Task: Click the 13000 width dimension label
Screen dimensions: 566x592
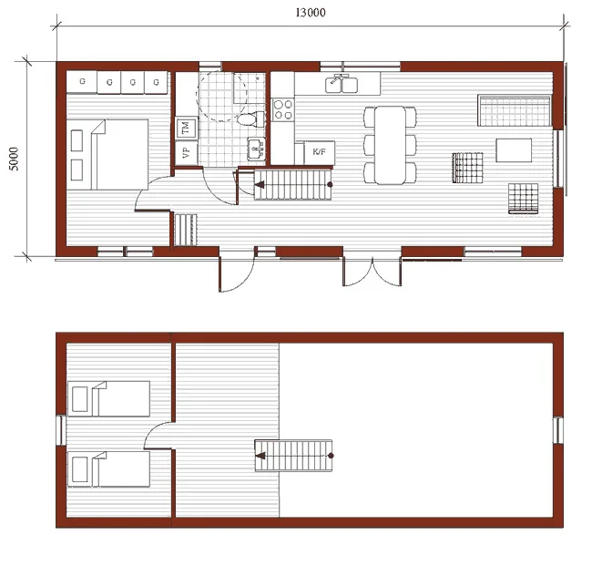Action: pyautogui.click(x=311, y=12)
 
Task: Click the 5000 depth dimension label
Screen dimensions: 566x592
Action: pyautogui.click(x=14, y=160)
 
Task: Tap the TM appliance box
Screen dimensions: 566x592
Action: pyautogui.click(x=185, y=128)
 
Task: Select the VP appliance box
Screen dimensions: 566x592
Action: pyautogui.click(x=185, y=152)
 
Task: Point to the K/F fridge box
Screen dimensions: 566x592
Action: pyautogui.click(x=320, y=151)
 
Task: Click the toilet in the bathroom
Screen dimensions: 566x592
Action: pyautogui.click(x=246, y=117)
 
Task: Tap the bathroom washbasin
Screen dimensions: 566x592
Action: pyautogui.click(x=255, y=146)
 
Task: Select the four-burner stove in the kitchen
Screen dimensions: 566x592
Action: pyautogui.click(x=282, y=109)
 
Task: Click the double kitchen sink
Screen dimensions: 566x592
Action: pyautogui.click(x=343, y=84)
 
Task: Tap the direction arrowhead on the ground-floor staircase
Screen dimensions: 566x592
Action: pyautogui.click(x=260, y=185)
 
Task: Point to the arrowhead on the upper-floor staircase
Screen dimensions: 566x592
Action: pyautogui.click(x=260, y=453)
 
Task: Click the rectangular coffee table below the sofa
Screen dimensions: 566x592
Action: pyautogui.click(x=514, y=149)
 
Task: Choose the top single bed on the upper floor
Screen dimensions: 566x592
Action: pyautogui.click(x=108, y=399)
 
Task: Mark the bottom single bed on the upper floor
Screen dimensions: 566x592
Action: pyautogui.click(x=108, y=468)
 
